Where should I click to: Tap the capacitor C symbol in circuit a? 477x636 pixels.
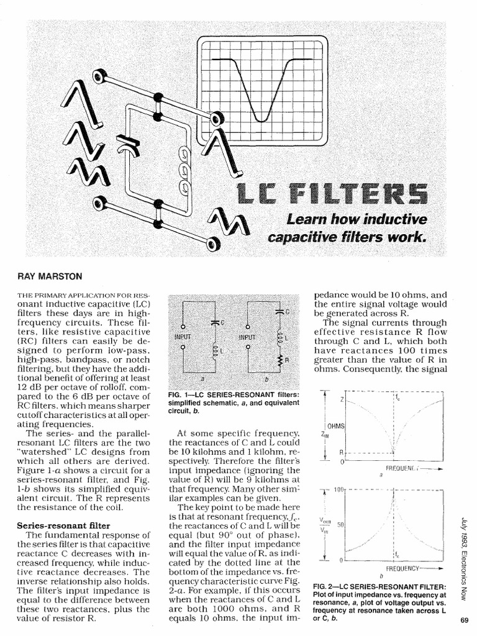214,322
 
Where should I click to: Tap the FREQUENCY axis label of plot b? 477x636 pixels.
404,568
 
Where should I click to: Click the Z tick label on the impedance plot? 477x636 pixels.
341,399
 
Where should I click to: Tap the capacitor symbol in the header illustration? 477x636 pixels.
132,143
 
